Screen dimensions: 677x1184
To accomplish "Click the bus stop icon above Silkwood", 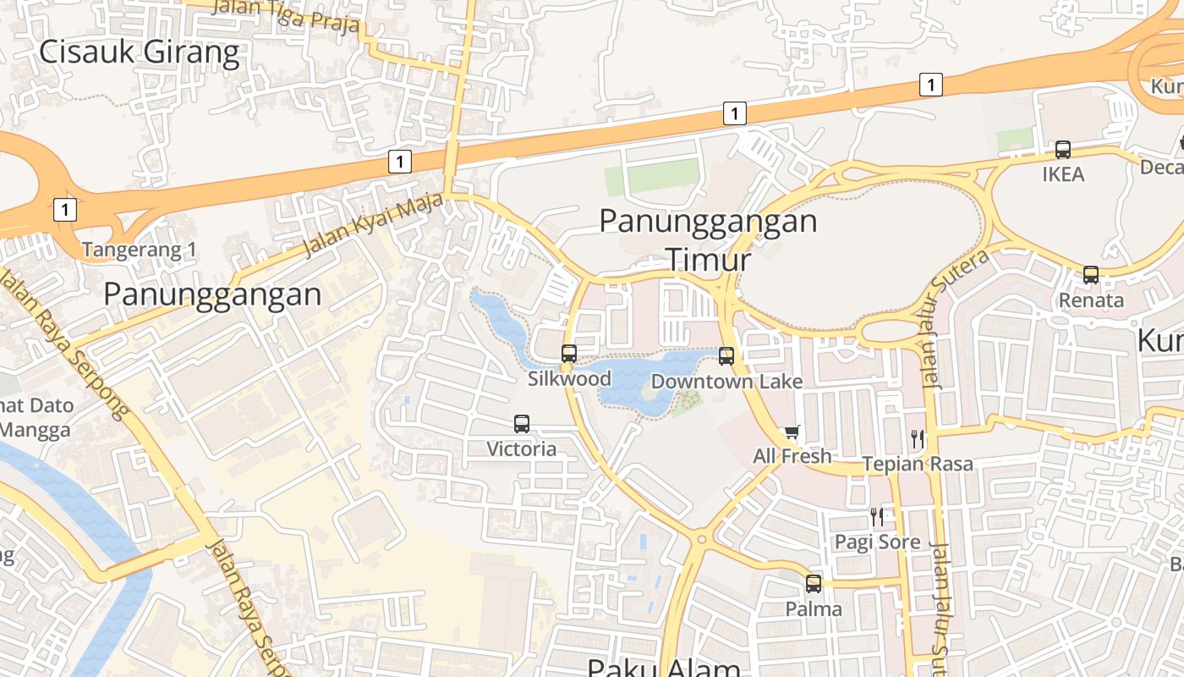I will pyautogui.click(x=569, y=354).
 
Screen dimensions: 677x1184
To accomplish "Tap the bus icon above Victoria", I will pyautogui.click(x=522, y=424).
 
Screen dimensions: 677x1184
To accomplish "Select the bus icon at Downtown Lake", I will pyautogui.click(x=726, y=356).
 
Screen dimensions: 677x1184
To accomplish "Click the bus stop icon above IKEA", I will pyautogui.click(x=1063, y=150).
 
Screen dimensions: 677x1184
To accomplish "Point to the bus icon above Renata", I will pyautogui.click(x=1091, y=275).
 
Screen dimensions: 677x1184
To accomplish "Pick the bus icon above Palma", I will pyautogui.click(x=814, y=583).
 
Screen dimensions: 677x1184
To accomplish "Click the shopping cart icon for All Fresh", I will pyautogui.click(x=792, y=432).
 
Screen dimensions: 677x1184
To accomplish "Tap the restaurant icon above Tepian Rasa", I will pyautogui.click(x=918, y=439).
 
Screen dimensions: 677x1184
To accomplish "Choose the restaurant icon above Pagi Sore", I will pyautogui.click(x=877, y=516).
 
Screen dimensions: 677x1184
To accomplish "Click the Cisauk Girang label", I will pyautogui.click(x=140, y=52).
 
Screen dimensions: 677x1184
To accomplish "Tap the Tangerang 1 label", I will pyautogui.click(x=140, y=250).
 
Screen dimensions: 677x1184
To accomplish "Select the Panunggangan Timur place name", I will pyautogui.click(x=709, y=239).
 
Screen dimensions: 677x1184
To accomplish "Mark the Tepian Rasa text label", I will pyautogui.click(x=918, y=464).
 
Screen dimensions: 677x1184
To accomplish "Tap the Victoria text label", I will pyautogui.click(x=522, y=449).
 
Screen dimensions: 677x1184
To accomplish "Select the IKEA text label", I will pyautogui.click(x=1063, y=174).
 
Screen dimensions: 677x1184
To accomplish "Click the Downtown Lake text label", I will pyautogui.click(x=726, y=382).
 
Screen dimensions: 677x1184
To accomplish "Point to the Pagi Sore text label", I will pyautogui.click(x=877, y=542).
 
